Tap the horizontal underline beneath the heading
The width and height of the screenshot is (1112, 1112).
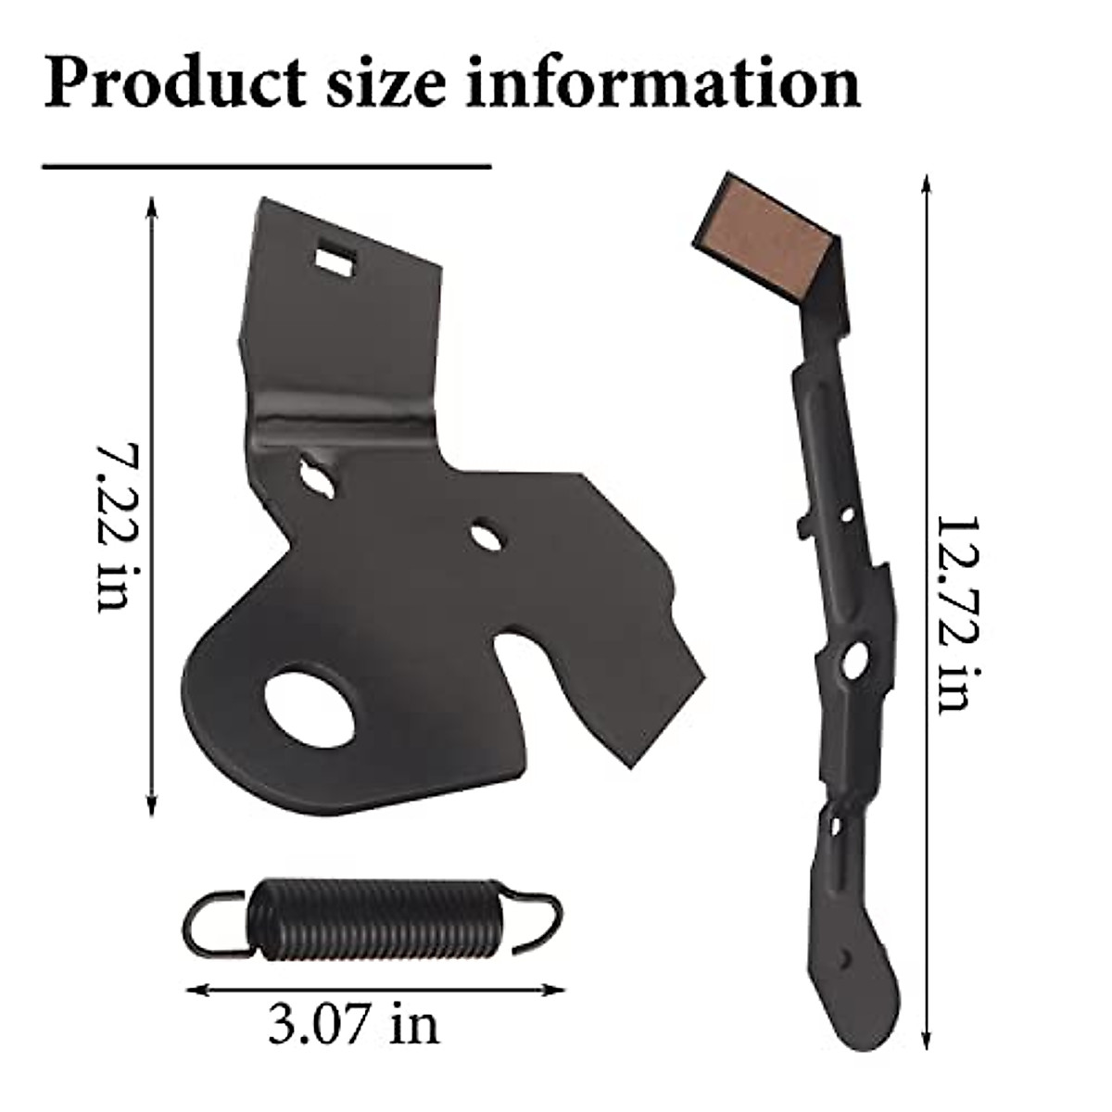click(267, 168)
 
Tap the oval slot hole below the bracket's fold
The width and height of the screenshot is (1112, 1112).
click(317, 475)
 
